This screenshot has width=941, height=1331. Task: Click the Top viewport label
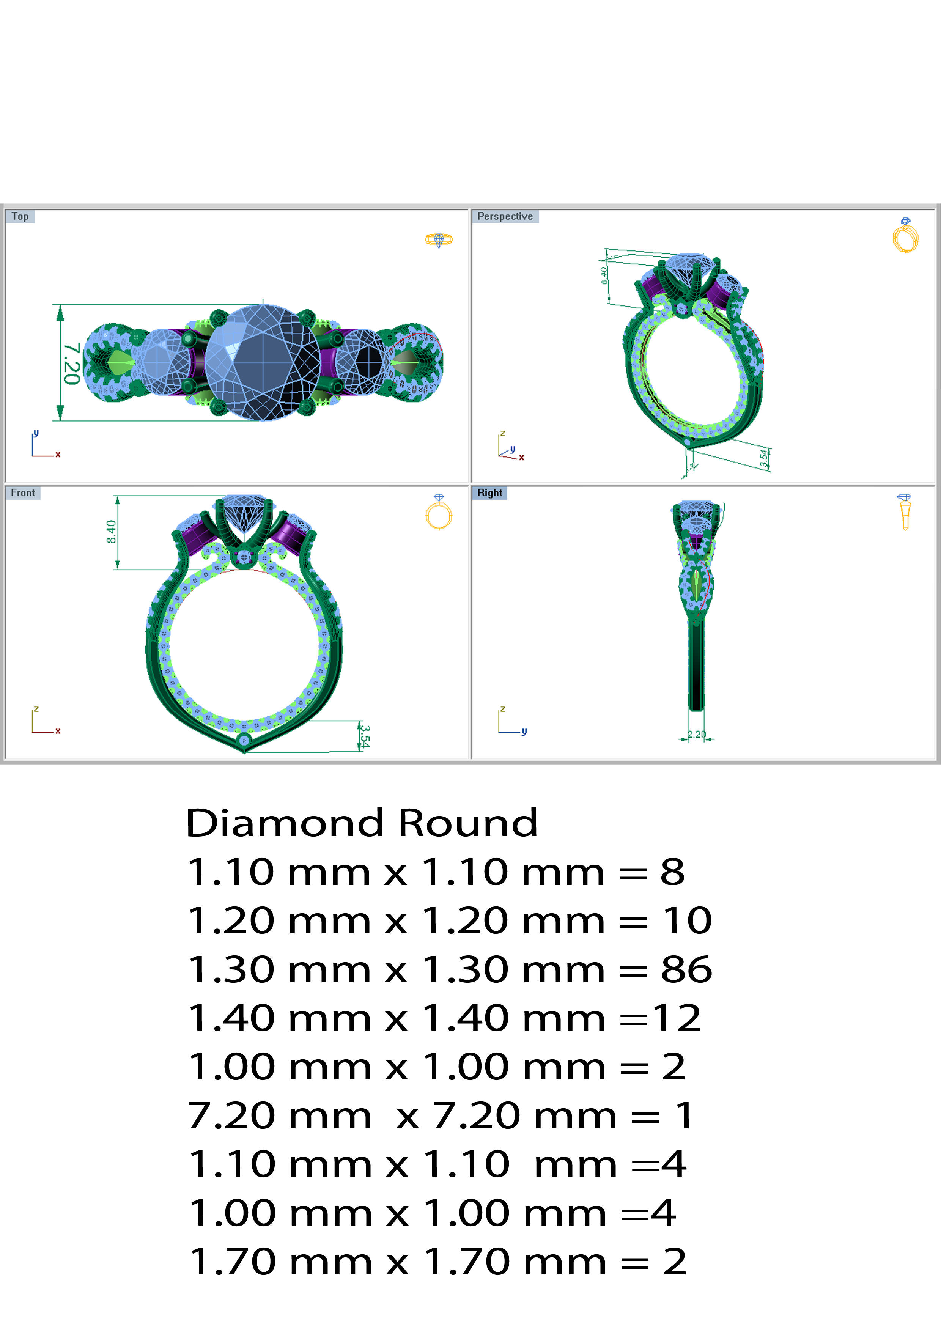pos(20,216)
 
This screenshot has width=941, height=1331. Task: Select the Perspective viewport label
pos(504,216)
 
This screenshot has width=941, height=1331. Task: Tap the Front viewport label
pos(23,493)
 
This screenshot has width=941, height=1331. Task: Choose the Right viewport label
pos(489,493)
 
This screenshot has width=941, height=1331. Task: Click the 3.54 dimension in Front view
pos(364,736)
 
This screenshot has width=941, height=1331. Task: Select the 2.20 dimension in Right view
pos(696,735)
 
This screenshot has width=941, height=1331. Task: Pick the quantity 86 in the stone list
pos(686,969)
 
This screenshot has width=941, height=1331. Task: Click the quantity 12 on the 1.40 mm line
pos(677,1018)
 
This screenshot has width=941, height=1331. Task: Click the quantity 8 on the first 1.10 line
pos(673,872)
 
